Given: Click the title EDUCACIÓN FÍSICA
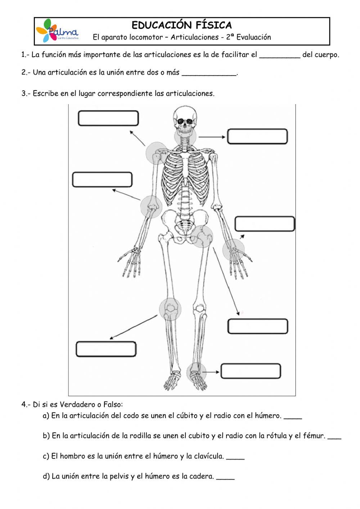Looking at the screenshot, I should [x=182, y=25].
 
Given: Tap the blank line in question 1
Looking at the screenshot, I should [x=280, y=55].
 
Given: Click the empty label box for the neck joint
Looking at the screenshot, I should [x=257, y=137].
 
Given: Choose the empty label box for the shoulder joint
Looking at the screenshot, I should [x=108, y=119].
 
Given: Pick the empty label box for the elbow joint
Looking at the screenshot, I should [x=102, y=180].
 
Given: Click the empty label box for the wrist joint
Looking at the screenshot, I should [x=265, y=224].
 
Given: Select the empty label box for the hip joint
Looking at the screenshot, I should [x=257, y=326].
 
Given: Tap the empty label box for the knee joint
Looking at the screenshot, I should [x=106, y=349].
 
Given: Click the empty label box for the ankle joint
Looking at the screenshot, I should [x=251, y=371].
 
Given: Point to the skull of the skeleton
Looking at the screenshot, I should [x=185, y=117].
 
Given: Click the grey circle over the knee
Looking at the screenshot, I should [x=170, y=309].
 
